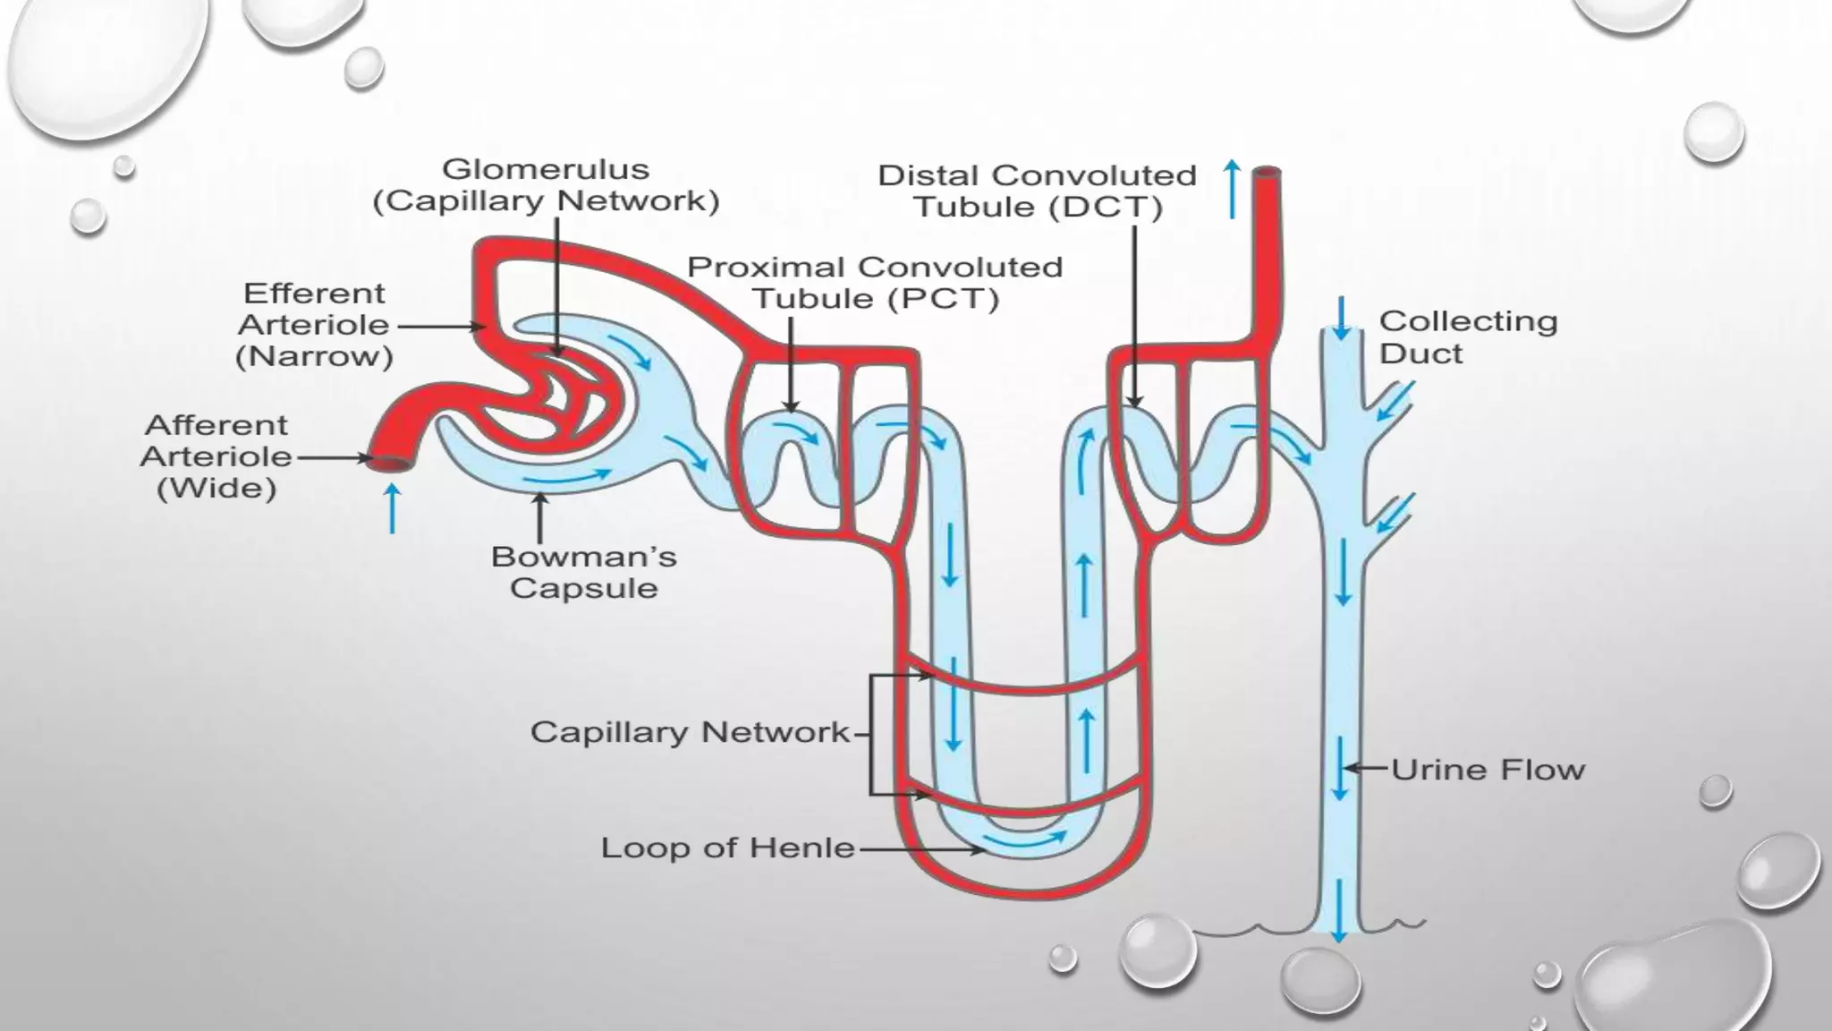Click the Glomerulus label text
(x=546, y=170)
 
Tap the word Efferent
(x=314, y=294)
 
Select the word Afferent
(x=216, y=425)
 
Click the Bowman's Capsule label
(x=583, y=573)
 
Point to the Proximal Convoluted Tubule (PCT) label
(x=875, y=283)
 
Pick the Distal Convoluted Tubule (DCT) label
(x=1037, y=192)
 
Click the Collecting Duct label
(x=1467, y=337)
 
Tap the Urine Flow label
(x=1488, y=770)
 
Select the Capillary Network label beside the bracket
(x=690, y=732)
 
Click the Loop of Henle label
(x=727, y=848)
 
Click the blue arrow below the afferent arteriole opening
(x=392, y=507)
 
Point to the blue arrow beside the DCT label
(x=1233, y=189)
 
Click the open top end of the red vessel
(x=1267, y=173)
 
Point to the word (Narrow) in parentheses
(x=314, y=357)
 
